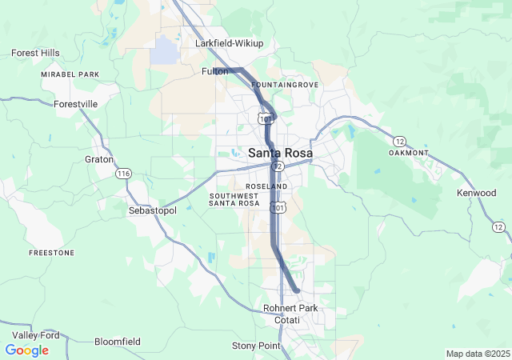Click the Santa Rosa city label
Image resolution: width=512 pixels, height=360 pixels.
pos(280,153)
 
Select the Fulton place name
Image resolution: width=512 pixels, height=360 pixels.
pos(214,71)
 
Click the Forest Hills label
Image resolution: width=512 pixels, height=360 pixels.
pos(35,53)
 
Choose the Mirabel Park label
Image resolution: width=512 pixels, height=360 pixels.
pos(70,74)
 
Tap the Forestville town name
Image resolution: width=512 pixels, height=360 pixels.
pos(75,104)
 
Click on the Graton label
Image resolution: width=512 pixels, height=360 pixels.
pos(99,159)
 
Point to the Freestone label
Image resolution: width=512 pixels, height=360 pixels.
pos(51,252)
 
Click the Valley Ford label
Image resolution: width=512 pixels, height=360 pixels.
pos(35,335)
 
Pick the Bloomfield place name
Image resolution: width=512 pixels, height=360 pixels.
pos(118,342)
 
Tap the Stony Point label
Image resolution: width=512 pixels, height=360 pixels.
pos(256,346)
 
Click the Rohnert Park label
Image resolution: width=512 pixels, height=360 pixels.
pos(290,308)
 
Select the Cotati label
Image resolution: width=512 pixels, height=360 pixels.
pos(287,320)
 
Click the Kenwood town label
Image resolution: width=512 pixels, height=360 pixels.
pos(477,194)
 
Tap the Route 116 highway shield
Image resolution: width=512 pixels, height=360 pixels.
pos(123,174)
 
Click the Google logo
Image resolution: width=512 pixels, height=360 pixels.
pos(26,350)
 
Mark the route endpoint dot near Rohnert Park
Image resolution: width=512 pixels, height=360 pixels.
pos(296,290)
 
